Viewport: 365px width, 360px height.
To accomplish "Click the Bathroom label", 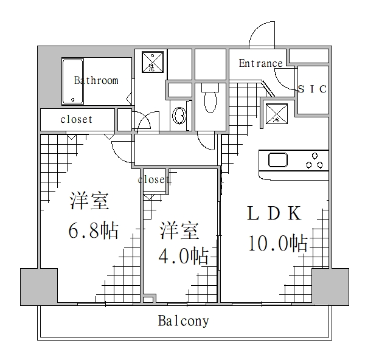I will [x=96, y=80].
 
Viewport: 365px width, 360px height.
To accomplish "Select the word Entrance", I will [x=260, y=63].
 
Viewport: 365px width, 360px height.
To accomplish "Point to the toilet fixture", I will [x=210, y=99].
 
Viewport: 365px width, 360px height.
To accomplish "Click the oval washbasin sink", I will [x=179, y=115].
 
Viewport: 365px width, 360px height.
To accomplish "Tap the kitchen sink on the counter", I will [x=278, y=160].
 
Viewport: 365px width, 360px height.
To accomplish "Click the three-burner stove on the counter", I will [x=314, y=160].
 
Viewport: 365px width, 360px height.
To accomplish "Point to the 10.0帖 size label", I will [x=277, y=243].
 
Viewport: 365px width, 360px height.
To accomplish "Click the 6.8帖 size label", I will [x=93, y=230].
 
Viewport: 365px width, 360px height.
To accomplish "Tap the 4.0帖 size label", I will [x=184, y=255].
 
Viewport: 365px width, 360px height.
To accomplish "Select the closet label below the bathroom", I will [x=76, y=119].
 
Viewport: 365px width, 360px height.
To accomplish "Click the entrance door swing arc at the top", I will [x=263, y=33].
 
